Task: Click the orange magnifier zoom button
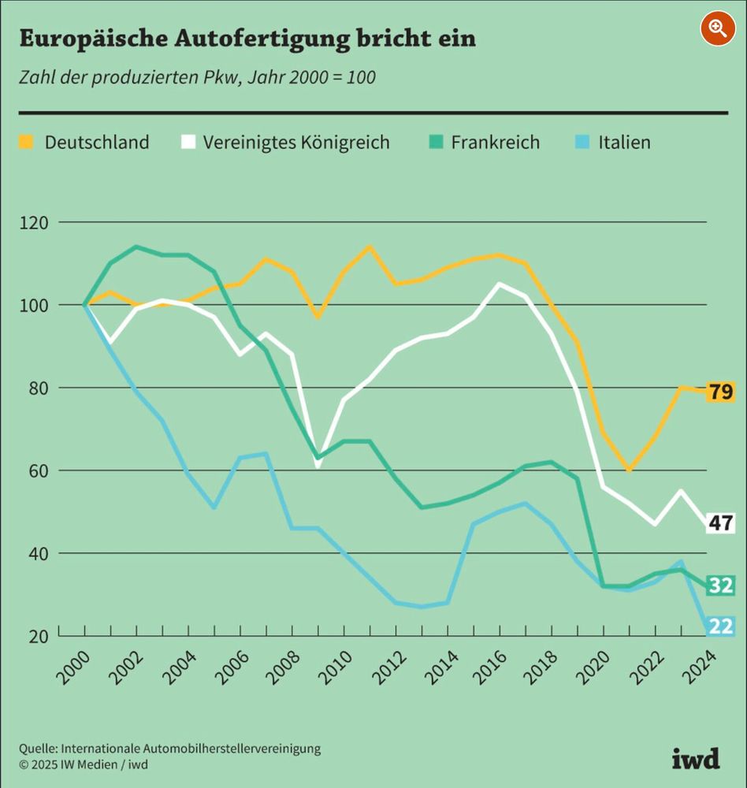pos(717,28)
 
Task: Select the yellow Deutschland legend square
pos(26,142)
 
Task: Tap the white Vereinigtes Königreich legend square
pos(188,142)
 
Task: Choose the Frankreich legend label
pos(495,143)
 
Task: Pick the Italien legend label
pos(624,143)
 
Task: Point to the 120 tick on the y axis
pos(34,223)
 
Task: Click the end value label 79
pos(720,392)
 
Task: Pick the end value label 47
pos(720,522)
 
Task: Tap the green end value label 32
pos(720,585)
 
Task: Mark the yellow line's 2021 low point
pos(630,470)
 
